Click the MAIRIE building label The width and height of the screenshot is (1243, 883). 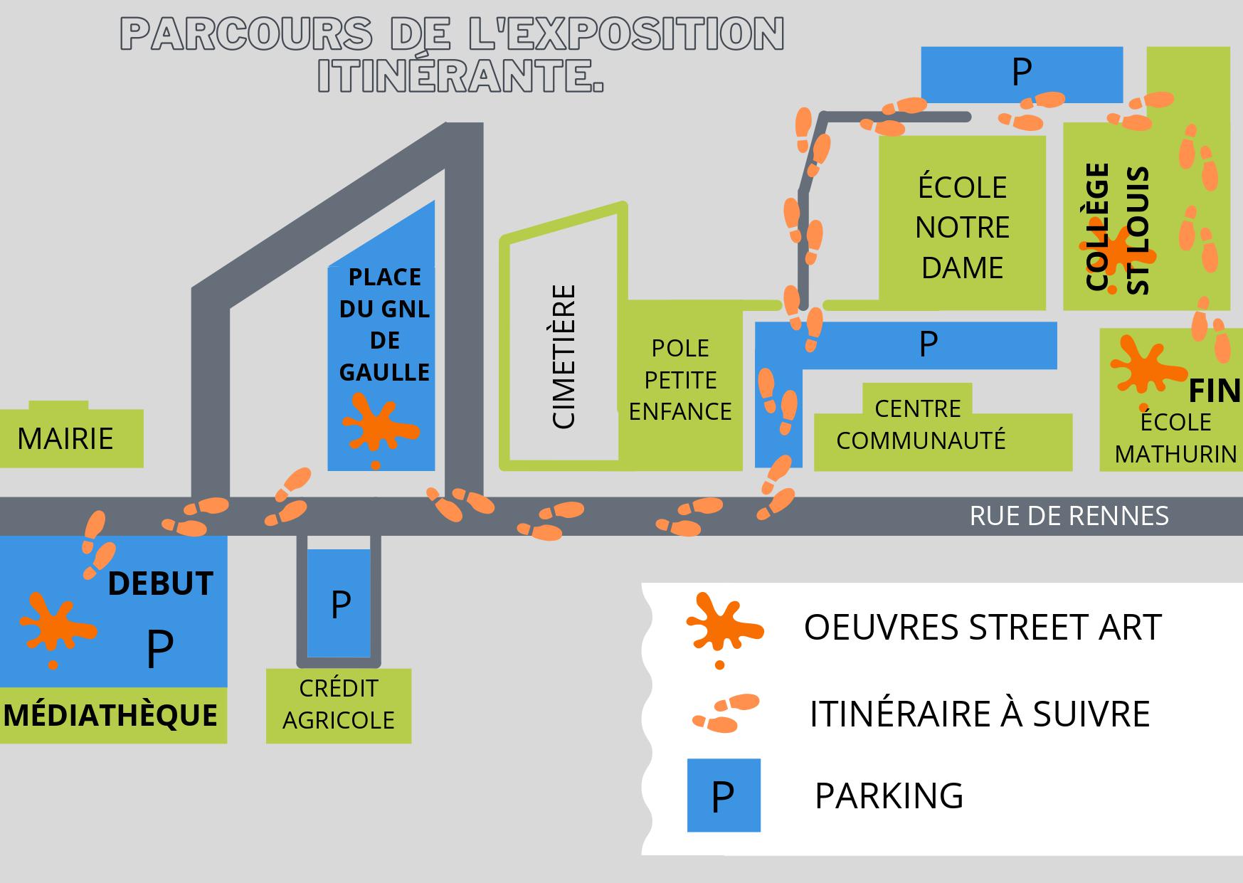[x=65, y=439]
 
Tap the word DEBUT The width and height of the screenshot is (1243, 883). [x=160, y=584]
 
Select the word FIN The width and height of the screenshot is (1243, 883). [x=1215, y=391]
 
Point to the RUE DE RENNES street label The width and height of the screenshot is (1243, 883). [x=1069, y=516]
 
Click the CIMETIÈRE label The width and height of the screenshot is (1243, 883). [x=564, y=356]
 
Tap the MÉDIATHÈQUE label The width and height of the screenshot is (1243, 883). [x=111, y=715]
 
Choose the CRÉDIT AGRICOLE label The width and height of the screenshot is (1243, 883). [x=338, y=704]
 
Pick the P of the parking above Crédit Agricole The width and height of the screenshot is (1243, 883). [x=341, y=605]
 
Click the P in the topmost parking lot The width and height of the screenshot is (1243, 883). [x=1021, y=72]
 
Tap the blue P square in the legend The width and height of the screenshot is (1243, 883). [x=724, y=795]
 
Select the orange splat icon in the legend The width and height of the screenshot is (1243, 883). [x=722, y=626]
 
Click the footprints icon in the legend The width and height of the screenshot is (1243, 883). [x=726, y=713]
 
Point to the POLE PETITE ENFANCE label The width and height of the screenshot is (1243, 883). [x=680, y=380]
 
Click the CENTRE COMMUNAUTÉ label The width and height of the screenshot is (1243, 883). [x=920, y=425]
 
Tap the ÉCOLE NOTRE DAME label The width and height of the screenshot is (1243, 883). [x=962, y=228]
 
